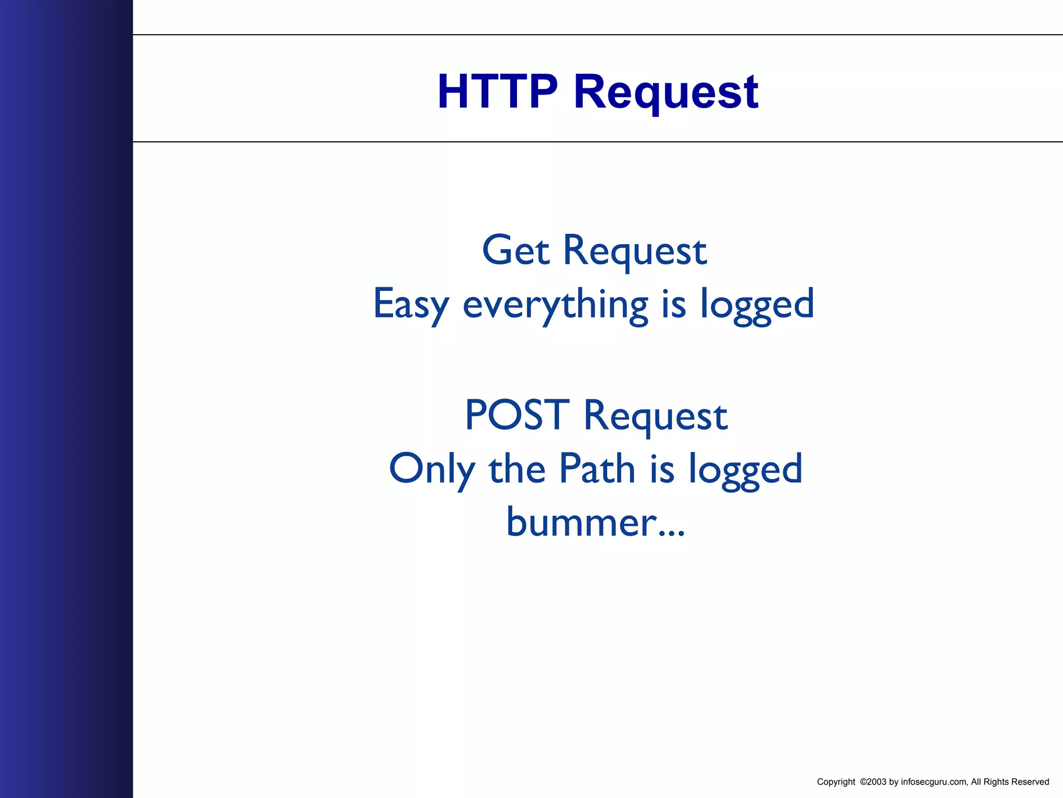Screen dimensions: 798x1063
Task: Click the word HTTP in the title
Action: [x=497, y=92]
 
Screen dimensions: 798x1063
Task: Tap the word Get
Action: [x=515, y=250]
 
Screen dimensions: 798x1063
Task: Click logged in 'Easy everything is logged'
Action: [x=757, y=304]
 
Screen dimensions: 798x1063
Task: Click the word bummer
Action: [x=579, y=522]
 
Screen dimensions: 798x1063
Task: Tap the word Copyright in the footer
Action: [x=836, y=782]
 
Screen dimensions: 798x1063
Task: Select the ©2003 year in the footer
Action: [x=873, y=782]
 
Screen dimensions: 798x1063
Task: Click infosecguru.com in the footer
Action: [x=934, y=782]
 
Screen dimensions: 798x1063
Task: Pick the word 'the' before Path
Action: [x=517, y=469]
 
